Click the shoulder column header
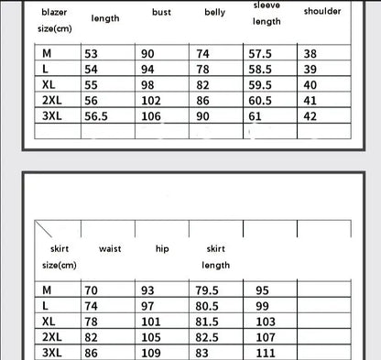(x=321, y=12)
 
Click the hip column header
(x=162, y=248)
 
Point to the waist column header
(x=111, y=248)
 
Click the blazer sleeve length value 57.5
(x=261, y=54)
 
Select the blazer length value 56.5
(x=96, y=116)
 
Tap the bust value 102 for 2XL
(x=151, y=101)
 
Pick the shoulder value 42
(x=310, y=116)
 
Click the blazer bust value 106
(x=151, y=116)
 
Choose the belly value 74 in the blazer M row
(x=203, y=54)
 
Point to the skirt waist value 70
(x=91, y=290)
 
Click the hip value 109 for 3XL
(x=151, y=353)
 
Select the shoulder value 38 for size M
(x=310, y=54)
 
